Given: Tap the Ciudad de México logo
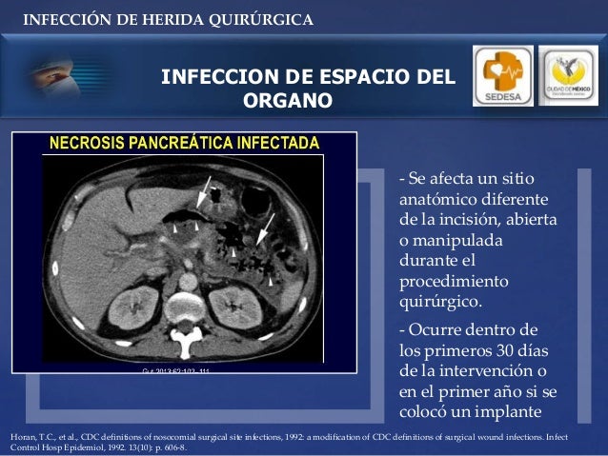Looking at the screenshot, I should coord(568,75).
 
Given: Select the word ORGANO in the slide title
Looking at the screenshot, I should coord(288,100).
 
